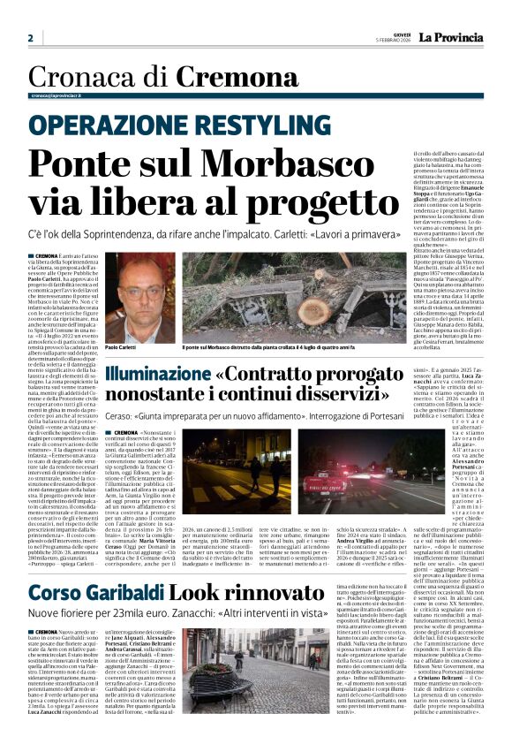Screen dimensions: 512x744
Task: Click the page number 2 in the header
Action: click(31, 38)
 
